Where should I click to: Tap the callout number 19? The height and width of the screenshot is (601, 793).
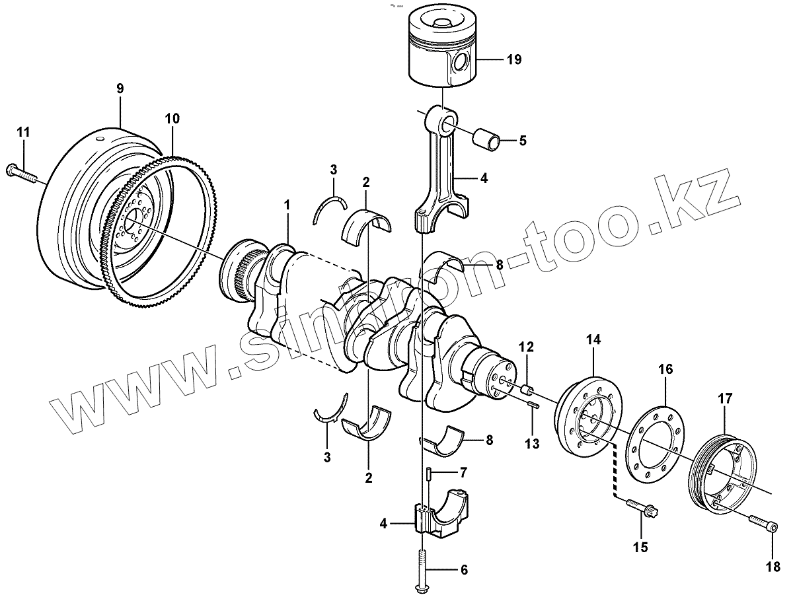coord(513,59)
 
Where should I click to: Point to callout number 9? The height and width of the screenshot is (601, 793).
coord(120,88)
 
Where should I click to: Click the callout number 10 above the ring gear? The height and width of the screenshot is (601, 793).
coord(172,119)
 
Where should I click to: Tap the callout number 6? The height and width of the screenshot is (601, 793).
coord(463,569)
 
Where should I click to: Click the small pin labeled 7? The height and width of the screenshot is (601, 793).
coord(428,474)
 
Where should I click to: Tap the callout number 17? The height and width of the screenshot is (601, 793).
coord(725,398)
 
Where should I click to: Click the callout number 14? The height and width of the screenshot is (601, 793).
coord(593,340)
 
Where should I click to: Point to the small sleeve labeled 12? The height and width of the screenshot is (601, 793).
coord(527,388)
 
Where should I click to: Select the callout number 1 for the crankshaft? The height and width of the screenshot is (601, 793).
coord(287,205)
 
